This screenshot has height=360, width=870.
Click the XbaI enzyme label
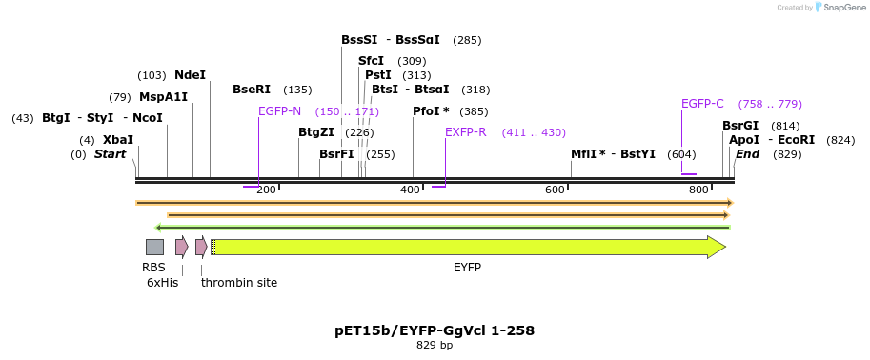point(118,140)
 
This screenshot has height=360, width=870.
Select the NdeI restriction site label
point(190,75)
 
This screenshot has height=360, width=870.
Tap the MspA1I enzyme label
point(163,97)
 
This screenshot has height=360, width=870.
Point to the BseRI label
point(252,90)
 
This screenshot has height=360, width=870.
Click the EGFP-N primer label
point(279,111)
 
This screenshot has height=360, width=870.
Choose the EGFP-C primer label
point(702,104)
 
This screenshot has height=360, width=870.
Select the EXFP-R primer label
point(466,132)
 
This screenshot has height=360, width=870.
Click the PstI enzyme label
point(378,75)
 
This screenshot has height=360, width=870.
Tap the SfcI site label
point(371,61)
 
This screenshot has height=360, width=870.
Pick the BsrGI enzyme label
point(740,126)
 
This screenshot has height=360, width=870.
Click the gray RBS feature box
point(154,247)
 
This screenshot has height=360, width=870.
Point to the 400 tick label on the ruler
point(410,190)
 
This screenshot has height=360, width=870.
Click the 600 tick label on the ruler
point(555,190)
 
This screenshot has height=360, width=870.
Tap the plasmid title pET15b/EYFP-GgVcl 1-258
point(435,330)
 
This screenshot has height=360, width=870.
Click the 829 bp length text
point(435,345)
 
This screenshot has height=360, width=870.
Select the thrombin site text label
point(239,283)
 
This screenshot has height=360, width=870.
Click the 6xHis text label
point(162,283)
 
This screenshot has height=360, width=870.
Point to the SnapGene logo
point(839,8)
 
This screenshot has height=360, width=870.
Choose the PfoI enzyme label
point(431,111)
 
